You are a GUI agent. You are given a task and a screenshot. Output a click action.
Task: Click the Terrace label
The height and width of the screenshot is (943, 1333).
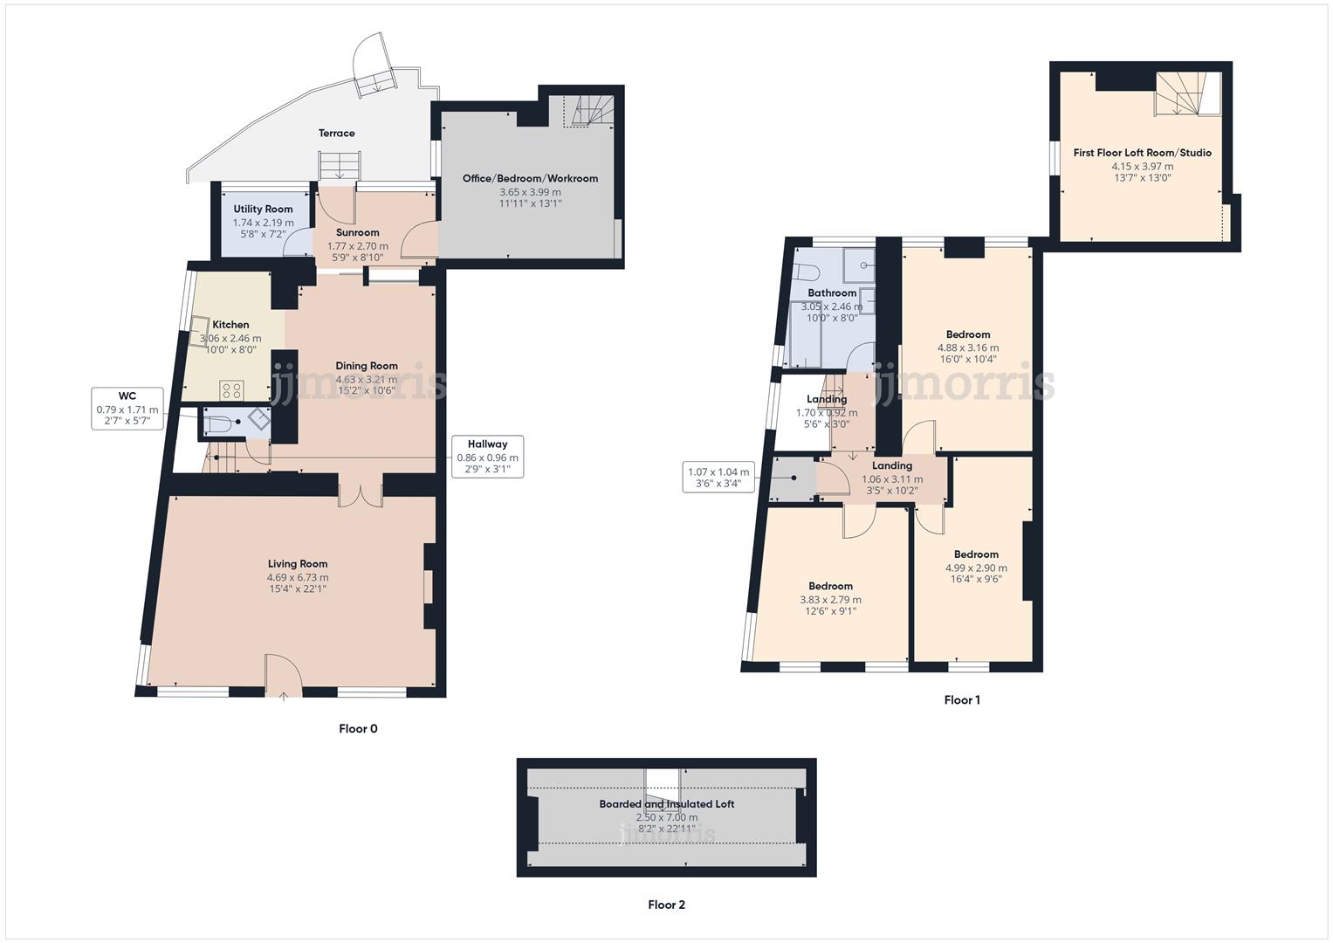click(x=336, y=133)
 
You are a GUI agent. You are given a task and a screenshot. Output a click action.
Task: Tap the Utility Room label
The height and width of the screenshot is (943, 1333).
click(x=263, y=209)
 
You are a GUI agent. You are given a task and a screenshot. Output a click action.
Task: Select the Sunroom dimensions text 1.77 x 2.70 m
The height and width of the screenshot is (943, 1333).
click(x=358, y=246)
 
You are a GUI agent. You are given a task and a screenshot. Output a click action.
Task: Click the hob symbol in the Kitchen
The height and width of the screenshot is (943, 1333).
click(x=230, y=390)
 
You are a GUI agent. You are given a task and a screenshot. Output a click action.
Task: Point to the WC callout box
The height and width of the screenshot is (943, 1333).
click(x=127, y=409)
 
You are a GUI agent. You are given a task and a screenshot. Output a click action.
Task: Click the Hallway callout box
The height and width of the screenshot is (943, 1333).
click(x=487, y=457)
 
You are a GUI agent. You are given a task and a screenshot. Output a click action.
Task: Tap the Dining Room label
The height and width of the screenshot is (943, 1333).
click(x=367, y=366)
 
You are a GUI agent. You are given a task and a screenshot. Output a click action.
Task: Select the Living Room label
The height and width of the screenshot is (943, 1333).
click(x=298, y=564)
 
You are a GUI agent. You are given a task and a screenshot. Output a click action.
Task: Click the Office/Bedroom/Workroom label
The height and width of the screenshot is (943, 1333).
click(x=530, y=178)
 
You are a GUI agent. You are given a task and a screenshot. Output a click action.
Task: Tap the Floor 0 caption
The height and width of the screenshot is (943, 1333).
click(x=358, y=729)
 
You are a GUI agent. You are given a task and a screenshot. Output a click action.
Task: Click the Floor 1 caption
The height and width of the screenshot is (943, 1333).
click(x=962, y=700)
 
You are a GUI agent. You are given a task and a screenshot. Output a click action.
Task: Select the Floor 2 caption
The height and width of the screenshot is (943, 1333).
click(x=667, y=905)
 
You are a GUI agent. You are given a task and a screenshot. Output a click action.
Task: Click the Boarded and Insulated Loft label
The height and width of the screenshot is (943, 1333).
click(x=667, y=803)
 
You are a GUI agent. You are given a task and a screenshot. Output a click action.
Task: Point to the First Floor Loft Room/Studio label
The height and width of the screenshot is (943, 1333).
click(x=1143, y=153)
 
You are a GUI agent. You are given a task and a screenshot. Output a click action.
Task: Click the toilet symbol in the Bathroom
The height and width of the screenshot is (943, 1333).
click(x=807, y=272)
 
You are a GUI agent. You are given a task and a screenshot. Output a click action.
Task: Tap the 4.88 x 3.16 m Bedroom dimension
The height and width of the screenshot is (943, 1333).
click(x=968, y=348)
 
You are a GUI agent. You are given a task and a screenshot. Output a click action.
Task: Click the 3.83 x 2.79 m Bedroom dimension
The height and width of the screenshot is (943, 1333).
click(x=831, y=600)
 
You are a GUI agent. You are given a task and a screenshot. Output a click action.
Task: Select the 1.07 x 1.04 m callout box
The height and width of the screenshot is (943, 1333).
click(x=718, y=478)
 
